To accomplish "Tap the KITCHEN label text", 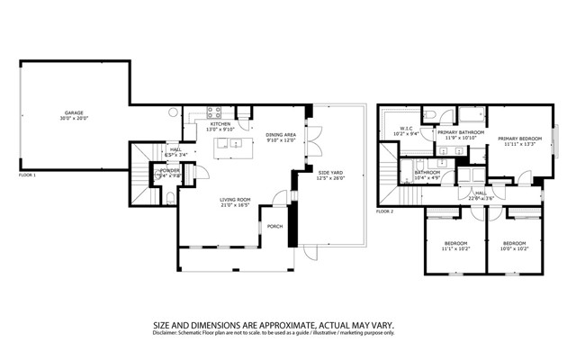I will [221, 124].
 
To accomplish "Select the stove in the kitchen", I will [216, 113].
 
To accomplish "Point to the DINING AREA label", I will [281, 135].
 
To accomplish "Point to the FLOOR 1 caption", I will [28, 175].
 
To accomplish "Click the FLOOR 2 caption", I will [384, 211].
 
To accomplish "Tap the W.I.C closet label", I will [406, 129].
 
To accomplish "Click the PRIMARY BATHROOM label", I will [461, 132].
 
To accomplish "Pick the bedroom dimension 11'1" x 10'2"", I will [456, 248].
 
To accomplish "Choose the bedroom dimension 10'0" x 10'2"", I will [514, 248].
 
